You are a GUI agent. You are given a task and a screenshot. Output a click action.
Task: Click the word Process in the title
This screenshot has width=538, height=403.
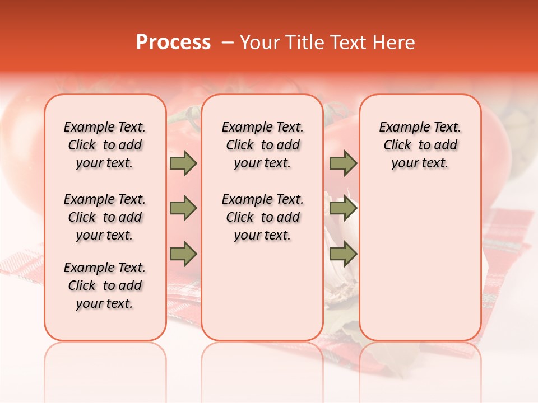pyautogui.click(x=173, y=43)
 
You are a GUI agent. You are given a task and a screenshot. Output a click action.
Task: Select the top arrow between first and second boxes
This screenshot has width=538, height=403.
pyautogui.click(x=183, y=163)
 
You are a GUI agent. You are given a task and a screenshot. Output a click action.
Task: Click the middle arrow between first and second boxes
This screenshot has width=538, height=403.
pyautogui.click(x=183, y=209)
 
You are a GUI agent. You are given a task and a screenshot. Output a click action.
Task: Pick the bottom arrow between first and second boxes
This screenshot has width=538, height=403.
pyautogui.click(x=183, y=254)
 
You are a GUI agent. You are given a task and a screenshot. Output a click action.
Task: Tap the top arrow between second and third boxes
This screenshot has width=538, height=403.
pyautogui.click(x=343, y=163)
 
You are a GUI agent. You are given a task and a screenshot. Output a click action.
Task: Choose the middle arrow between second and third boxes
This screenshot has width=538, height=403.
pyautogui.click(x=343, y=209)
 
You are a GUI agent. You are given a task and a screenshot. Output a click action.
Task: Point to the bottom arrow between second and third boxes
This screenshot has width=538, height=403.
pyautogui.click(x=343, y=254)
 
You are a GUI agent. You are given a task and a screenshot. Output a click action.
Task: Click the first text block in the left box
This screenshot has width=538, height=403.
pyautogui.click(x=105, y=145)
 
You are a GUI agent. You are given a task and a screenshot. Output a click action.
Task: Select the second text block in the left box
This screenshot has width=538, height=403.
pyautogui.click(x=105, y=217)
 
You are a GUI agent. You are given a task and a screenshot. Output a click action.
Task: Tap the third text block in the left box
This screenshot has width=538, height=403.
pyautogui.click(x=105, y=285)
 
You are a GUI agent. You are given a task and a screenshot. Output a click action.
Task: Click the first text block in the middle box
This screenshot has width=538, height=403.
pyautogui.click(x=262, y=145)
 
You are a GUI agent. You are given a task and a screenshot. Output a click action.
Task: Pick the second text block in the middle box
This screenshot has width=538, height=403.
pyautogui.click(x=262, y=217)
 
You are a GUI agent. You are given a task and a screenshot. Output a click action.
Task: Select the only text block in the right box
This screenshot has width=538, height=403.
pyautogui.click(x=420, y=145)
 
